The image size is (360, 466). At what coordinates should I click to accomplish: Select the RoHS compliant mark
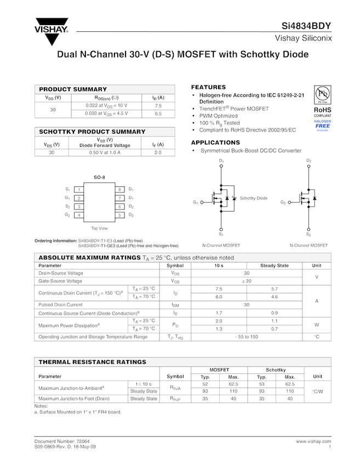322,112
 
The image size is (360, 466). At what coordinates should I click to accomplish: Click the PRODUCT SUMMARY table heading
73,89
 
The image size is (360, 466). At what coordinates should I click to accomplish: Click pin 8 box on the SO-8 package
119,189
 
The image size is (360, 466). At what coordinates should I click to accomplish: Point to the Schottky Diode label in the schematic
254,198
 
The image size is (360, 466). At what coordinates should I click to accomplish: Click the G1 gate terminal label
195,202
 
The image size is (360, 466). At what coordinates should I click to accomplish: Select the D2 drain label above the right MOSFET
308,161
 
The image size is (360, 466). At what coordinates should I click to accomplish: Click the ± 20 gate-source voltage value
247,281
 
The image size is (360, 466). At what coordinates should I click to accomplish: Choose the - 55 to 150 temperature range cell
247,337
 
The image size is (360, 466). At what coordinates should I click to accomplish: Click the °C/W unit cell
317,391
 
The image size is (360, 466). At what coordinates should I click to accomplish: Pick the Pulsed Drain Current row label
60,304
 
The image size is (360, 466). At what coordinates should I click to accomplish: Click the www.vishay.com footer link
313,441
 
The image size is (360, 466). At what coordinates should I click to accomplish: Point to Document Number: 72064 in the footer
62,441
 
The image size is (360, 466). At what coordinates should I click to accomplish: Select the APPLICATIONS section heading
215,143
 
